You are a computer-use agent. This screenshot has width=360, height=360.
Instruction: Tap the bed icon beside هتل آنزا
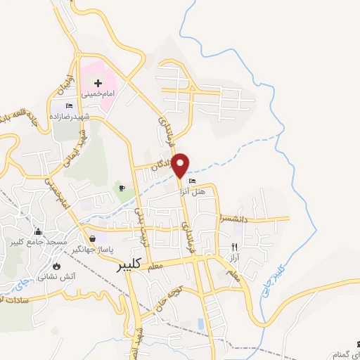coord(193,182)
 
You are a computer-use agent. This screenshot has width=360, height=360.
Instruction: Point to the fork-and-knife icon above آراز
coord(235,247)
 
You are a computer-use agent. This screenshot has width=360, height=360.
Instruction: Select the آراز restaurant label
coord(235,257)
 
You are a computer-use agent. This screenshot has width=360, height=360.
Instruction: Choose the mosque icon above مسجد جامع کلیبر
coord(37,233)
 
